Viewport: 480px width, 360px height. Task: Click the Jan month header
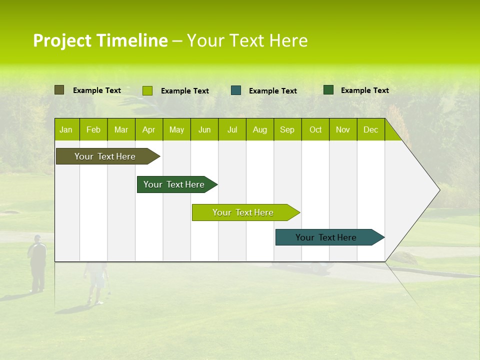tap(66, 129)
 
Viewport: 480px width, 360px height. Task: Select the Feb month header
tap(93, 129)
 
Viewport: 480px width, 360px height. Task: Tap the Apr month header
tap(148, 129)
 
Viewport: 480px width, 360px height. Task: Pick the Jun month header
tap(204, 129)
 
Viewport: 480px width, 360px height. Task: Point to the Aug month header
tap(259, 129)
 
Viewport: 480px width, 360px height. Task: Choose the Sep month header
tap(287, 129)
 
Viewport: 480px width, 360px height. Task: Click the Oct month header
tap(315, 129)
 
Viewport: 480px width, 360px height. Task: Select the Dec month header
tap(370, 129)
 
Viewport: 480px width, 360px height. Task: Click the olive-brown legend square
tap(59, 90)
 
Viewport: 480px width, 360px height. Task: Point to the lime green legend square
tap(147, 90)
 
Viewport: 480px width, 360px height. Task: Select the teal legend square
tap(236, 90)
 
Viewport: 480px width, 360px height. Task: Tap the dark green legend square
tap(328, 90)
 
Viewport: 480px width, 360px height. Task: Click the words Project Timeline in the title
tap(100, 40)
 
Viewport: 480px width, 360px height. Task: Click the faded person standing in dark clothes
tap(37, 262)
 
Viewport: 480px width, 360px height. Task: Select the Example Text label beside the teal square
tap(272, 91)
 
